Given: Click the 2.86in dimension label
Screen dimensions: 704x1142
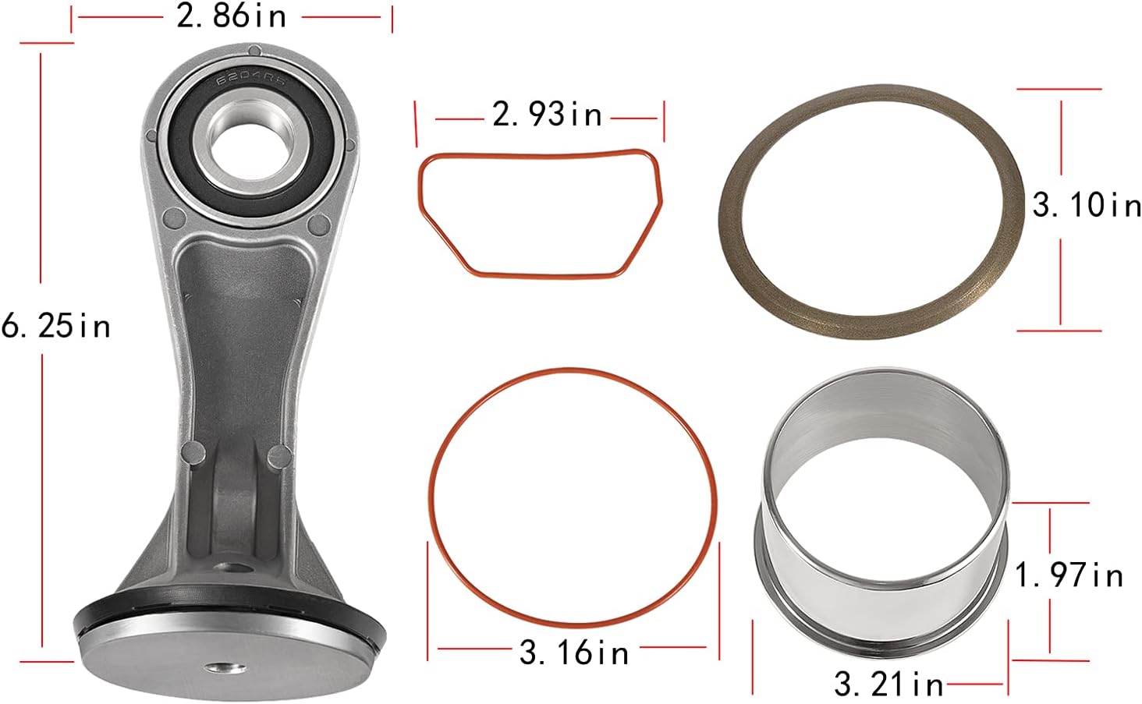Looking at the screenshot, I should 232,16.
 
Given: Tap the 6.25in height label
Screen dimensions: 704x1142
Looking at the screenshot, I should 56,325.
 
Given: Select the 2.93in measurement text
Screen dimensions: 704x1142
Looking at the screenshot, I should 548,115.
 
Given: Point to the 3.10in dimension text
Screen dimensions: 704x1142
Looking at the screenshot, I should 1086,205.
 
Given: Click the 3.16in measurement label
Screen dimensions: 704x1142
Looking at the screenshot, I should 574,652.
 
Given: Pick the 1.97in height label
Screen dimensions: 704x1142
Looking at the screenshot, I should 1069,575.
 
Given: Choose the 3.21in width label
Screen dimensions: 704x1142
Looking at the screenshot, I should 888,684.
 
